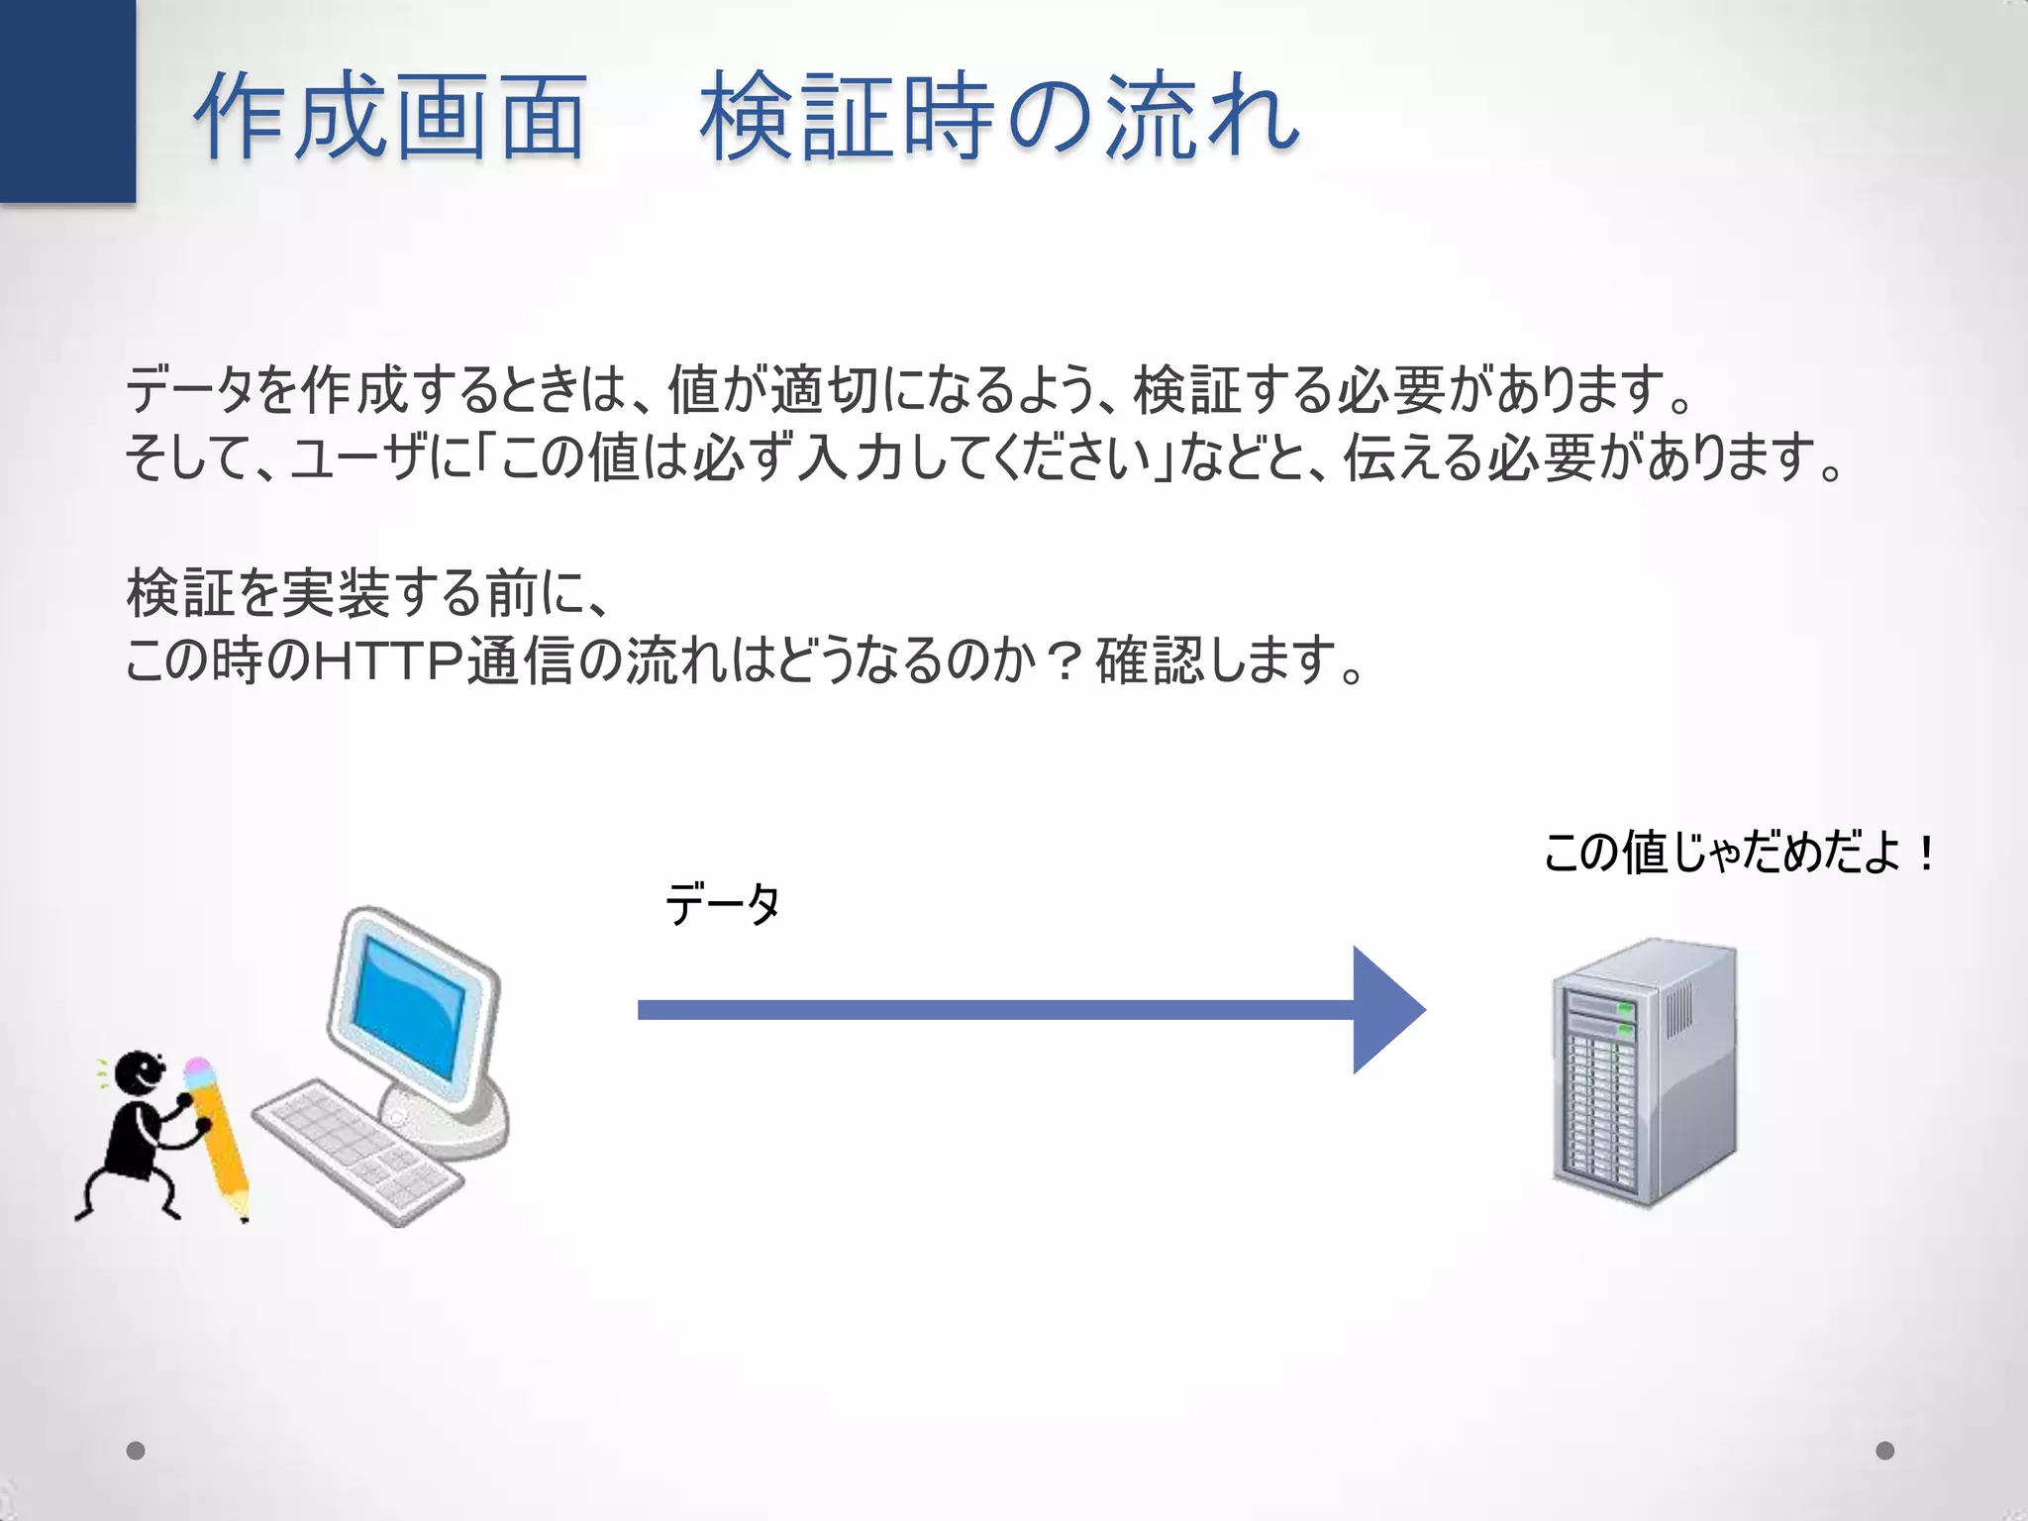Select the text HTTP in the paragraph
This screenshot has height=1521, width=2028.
pyautogui.click(x=388, y=661)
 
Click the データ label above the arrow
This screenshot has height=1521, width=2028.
pyautogui.click(x=723, y=903)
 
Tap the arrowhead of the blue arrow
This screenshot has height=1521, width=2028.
pyautogui.click(x=1386, y=1010)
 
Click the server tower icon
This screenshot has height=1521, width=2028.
pyautogui.click(x=1644, y=1074)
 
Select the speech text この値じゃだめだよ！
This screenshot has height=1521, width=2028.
pyautogui.click(x=1739, y=853)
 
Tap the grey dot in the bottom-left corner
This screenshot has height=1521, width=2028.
pyautogui.click(x=136, y=1451)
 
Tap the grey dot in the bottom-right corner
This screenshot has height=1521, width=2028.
pyautogui.click(x=1884, y=1451)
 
